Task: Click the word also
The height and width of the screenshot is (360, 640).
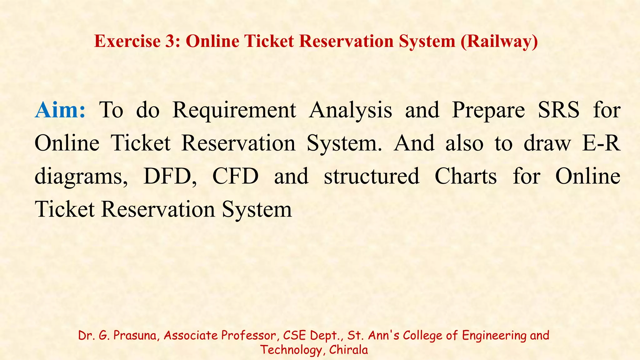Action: click(464, 143)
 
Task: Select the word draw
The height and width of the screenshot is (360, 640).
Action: click(547, 143)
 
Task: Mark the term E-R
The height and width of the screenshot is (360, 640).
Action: click(601, 143)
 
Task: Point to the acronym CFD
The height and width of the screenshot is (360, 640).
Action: click(235, 176)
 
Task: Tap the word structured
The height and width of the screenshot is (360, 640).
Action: click(372, 176)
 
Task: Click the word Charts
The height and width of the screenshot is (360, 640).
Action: click(466, 176)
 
